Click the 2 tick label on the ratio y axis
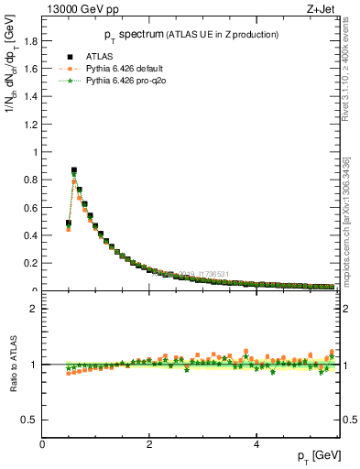pyautogui.click(x=35, y=309)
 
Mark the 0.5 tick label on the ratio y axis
pyautogui.click(x=31, y=420)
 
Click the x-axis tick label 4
pyautogui.click(x=256, y=444)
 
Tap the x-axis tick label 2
pyautogui.click(x=149, y=444)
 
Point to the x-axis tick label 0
pyautogui.click(x=43, y=444)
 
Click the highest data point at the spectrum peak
pyautogui.click(x=74, y=170)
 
